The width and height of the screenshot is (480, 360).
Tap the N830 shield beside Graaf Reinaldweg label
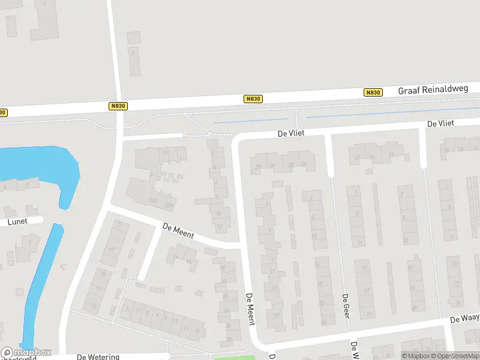click(373, 92)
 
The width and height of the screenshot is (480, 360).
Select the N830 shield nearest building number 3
click(118, 106)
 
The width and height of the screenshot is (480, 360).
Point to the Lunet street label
click(17, 221)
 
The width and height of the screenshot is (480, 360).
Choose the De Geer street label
click(346, 305)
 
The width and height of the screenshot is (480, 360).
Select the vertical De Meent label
click(250, 310)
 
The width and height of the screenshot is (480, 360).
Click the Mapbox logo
click(26, 353)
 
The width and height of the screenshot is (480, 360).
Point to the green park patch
click(235, 358)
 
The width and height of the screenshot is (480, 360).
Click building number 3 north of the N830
click(134, 61)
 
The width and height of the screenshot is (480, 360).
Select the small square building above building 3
click(134, 37)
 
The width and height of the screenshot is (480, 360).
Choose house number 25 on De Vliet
click(292, 165)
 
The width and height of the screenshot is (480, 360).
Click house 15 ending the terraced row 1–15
click(196, 331)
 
